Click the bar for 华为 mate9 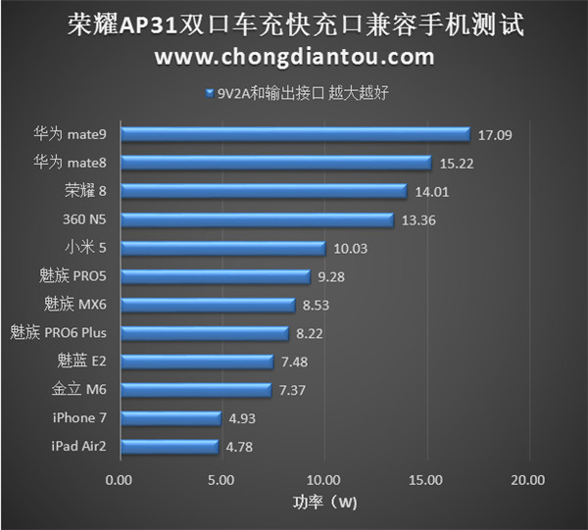click(x=294, y=134)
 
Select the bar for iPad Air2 click(x=168, y=447)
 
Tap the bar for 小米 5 click(x=221, y=248)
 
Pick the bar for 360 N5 click(x=256, y=219)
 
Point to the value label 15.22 click(x=457, y=163)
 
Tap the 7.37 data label click(x=294, y=390)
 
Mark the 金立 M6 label click(x=79, y=390)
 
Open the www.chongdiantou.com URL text click(x=294, y=57)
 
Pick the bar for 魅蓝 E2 click(x=196, y=361)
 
